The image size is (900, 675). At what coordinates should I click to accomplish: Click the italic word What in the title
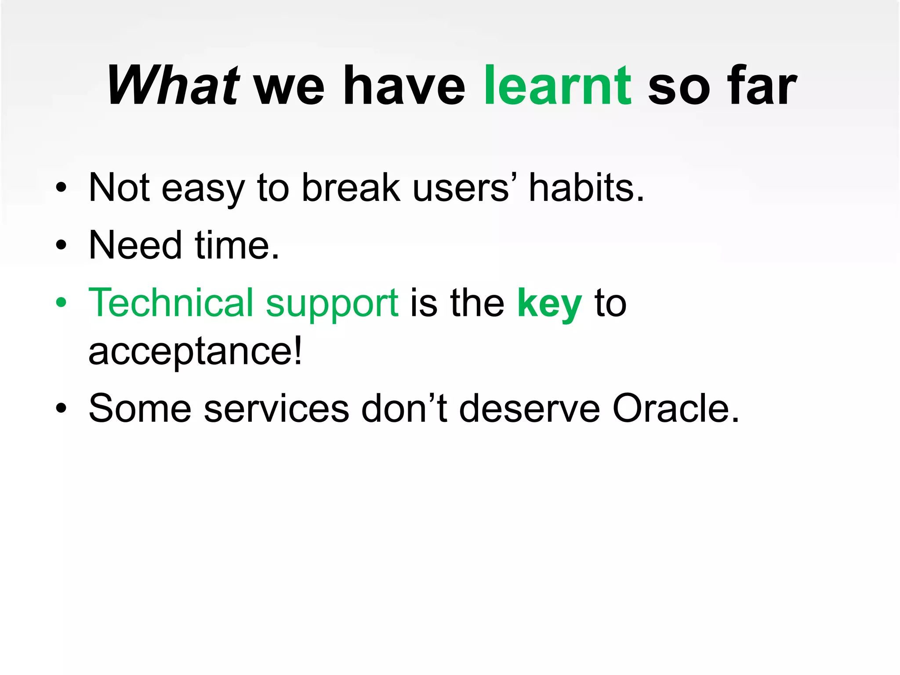tap(172, 85)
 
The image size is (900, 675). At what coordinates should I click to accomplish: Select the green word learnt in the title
tap(557, 85)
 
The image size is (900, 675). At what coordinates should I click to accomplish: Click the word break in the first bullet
tap(351, 188)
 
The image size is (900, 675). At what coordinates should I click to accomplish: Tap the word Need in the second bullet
tap(135, 245)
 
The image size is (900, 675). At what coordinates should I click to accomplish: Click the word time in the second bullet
tap(236, 245)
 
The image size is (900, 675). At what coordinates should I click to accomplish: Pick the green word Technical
tap(171, 303)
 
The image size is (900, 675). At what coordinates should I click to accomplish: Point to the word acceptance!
tap(195, 352)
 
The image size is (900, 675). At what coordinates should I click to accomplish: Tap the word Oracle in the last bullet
tap(675, 409)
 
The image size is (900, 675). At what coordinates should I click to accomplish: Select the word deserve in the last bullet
tap(530, 409)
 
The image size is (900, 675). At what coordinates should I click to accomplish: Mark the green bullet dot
tap(61, 302)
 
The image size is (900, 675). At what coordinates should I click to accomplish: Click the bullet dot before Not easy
tap(61, 188)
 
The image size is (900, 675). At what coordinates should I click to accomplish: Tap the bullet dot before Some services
tap(61, 408)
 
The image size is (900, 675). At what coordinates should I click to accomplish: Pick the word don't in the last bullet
tap(404, 409)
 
